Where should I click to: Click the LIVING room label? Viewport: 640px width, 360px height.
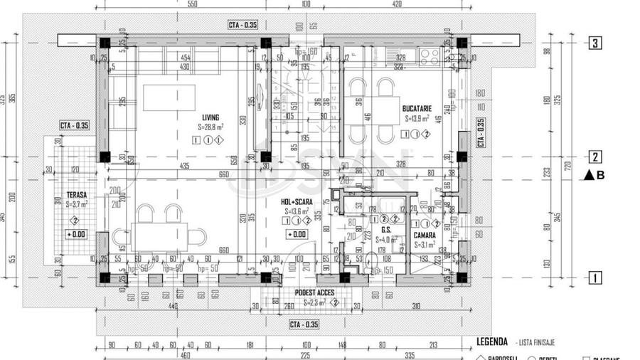(x=210, y=117)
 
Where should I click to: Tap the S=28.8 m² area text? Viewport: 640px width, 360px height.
(x=211, y=127)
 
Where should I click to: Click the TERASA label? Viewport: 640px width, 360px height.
(x=77, y=194)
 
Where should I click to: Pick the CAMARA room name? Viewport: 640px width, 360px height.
(x=425, y=234)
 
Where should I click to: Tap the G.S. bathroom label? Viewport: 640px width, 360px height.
(x=387, y=230)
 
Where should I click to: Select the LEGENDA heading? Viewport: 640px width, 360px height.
(x=491, y=341)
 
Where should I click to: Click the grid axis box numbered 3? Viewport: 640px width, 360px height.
(x=594, y=43)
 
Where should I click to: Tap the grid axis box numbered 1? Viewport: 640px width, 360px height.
(x=594, y=277)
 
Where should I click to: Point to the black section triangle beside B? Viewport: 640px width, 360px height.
(x=589, y=175)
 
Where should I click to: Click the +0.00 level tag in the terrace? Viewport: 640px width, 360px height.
(x=77, y=234)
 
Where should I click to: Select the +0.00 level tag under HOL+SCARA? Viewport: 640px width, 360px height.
(x=297, y=234)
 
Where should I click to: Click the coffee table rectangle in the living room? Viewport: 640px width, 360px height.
(x=169, y=97)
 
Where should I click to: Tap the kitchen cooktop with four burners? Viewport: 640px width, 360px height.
(x=430, y=58)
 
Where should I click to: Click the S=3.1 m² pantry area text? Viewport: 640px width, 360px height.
(x=425, y=245)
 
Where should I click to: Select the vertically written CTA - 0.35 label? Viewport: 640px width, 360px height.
(x=481, y=132)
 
